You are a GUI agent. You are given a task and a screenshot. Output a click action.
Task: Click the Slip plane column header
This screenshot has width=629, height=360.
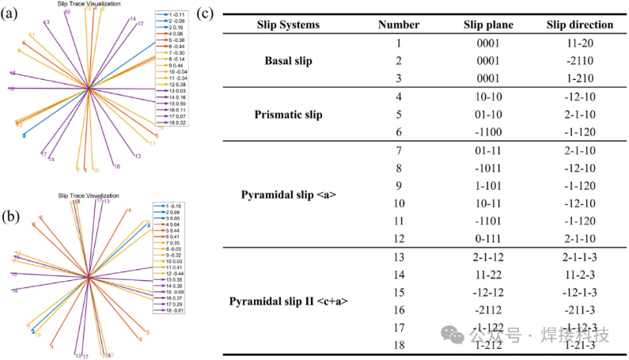point(488,25)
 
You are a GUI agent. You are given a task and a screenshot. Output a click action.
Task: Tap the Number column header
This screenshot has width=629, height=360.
point(399,25)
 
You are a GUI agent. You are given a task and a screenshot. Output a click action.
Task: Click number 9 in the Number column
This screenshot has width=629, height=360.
point(399,188)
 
